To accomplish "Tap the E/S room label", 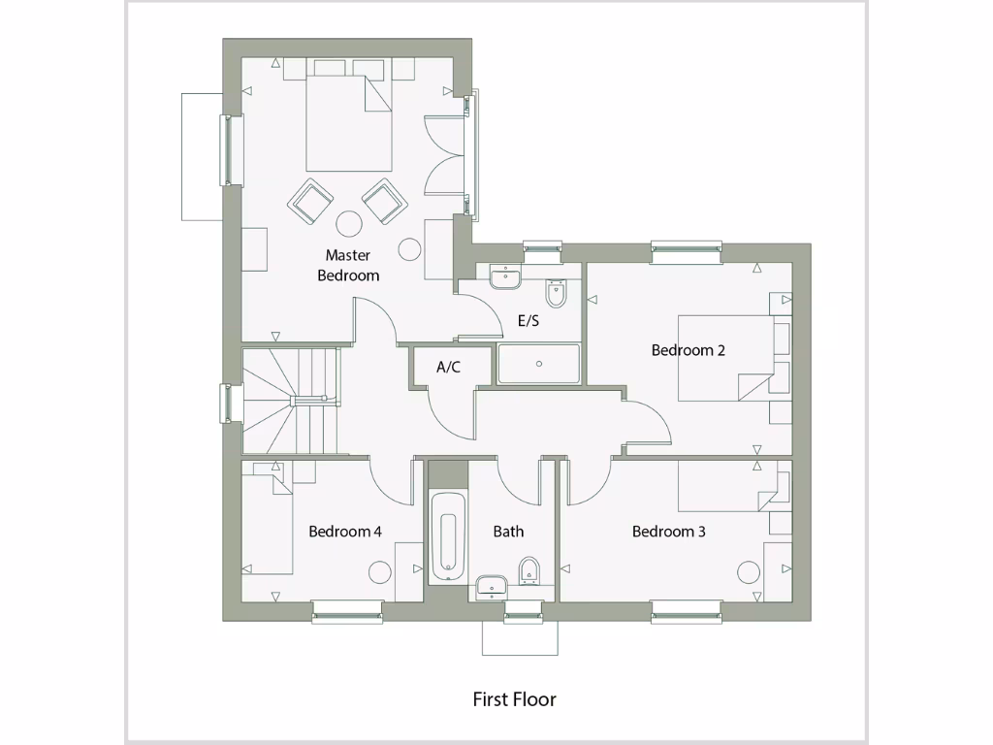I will tap(529, 321).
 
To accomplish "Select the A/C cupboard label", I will tap(448, 368).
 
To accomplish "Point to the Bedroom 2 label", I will tap(688, 350).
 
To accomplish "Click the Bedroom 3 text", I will tap(668, 532).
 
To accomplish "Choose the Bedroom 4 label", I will tap(344, 532).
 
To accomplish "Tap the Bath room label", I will tap(508, 532).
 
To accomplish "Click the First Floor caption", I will tap(514, 698).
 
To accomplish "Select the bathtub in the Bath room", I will tap(448, 537).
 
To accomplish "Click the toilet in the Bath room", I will tap(529, 571).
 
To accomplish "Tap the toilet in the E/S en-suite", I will tap(557, 291).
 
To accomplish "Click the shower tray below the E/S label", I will tap(538, 365).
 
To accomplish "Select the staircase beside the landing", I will tap(289, 401).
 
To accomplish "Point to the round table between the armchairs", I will tap(348, 224).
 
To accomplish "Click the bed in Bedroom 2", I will tap(727, 357).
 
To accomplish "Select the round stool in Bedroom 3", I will tap(749, 572).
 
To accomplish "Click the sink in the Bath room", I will tap(492, 586).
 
